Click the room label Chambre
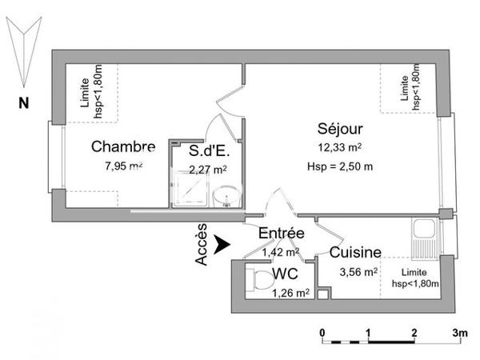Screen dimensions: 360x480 (122, 146)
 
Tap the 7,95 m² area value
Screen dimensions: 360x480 (123, 166)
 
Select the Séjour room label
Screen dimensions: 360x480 (340, 130)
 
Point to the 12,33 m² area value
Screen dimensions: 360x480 (340, 147)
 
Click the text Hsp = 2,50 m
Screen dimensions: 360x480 (340, 166)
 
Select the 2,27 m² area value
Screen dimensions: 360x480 (207, 169)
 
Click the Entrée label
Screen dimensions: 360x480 (281, 234)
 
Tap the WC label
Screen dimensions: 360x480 (285, 274)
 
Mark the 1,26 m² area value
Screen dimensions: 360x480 (290, 293)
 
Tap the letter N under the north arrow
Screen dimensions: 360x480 (24, 102)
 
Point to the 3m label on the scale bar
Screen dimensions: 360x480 (459, 331)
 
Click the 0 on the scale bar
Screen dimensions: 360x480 (322, 331)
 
